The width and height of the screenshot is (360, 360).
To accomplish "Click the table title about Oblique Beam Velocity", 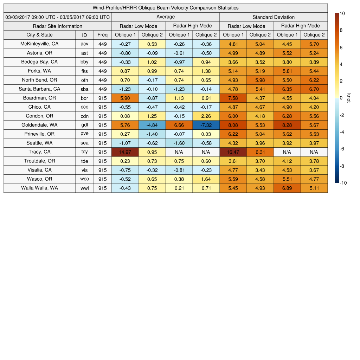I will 165,8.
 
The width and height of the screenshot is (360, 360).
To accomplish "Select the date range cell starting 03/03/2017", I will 58,17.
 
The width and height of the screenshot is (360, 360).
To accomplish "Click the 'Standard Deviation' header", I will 273,17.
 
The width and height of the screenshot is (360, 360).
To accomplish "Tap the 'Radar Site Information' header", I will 57,26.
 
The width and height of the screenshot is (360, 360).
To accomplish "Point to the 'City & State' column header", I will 39,35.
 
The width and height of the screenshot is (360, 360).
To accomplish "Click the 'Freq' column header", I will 102,35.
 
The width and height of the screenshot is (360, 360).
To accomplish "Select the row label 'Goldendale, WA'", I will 39,125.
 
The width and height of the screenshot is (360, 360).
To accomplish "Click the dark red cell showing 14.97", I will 125,152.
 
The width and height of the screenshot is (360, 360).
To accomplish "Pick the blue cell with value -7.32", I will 206,125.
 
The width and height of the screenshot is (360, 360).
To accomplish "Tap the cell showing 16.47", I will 233,152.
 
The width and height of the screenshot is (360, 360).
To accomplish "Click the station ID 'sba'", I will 84,89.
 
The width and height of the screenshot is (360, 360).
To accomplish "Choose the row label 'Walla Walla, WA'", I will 39,188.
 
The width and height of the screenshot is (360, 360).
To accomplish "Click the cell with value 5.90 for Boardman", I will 125,98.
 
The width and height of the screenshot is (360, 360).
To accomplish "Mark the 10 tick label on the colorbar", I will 342,13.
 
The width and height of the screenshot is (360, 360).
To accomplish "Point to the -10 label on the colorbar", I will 343,183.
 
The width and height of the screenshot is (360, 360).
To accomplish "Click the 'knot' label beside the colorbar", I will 349,98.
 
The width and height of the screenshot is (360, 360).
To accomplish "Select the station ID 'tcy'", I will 84,152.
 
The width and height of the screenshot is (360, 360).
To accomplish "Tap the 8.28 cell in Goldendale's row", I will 287,125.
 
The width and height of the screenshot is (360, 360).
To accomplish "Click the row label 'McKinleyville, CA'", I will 39,44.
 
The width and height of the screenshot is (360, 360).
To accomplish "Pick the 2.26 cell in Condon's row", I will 206,116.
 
